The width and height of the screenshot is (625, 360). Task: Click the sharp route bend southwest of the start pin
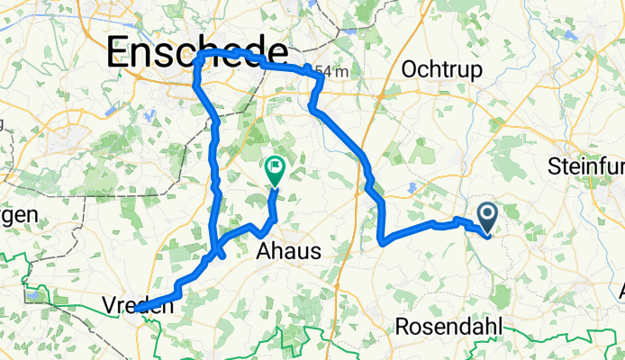tap(385, 241)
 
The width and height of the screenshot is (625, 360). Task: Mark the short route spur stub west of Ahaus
tap(222, 256)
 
